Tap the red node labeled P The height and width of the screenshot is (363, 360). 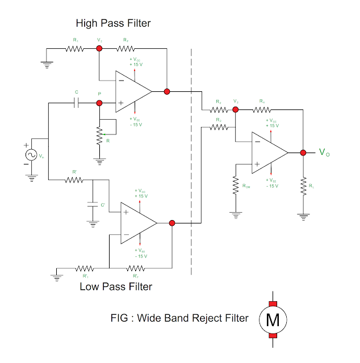click(x=99, y=103)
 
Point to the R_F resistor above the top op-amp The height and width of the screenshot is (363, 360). click(x=125, y=49)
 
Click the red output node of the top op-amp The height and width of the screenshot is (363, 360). click(x=166, y=91)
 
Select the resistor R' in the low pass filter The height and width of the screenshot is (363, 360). click(x=74, y=180)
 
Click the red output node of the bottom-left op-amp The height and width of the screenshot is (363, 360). click(x=172, y=223)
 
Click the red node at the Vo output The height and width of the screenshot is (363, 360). click(x=303, y=152)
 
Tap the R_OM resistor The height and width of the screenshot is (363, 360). click(x=235, y=185)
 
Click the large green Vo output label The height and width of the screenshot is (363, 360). click(x=323, y=152)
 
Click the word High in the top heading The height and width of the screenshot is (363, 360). click(x=87, y=23)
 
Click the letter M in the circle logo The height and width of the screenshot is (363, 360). click(x=273, y=320)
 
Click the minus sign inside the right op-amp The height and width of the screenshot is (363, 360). click(x=257, y=142)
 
